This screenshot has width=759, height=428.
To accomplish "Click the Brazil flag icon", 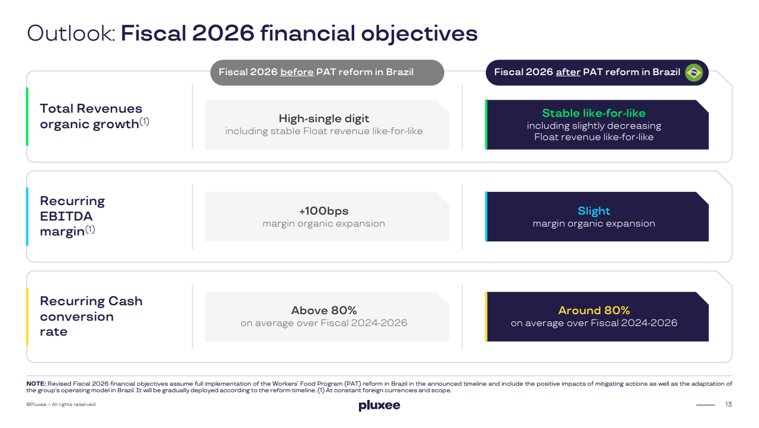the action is point(693,73).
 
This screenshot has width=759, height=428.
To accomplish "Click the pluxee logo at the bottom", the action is point(379,405).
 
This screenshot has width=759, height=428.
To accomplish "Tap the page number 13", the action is point(729,404).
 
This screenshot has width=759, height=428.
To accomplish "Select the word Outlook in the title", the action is point(71,33).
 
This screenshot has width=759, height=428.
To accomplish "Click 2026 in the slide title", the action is point(223,33).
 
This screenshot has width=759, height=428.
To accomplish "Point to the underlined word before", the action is point(297,72).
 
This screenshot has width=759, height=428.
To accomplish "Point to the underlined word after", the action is point(568,72).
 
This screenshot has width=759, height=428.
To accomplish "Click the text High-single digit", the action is point(324,119).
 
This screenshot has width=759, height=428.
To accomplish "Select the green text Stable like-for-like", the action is point(594,113).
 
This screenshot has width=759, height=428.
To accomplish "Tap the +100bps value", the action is point(324,211).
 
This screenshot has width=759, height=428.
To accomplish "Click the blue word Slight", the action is point(594,211).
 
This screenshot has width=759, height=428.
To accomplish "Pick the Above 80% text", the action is point(324,311).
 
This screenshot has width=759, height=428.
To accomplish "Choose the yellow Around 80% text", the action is point(594,311).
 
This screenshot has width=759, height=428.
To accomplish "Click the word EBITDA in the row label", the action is point(66,216).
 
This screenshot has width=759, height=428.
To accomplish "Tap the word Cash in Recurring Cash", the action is point(125,301).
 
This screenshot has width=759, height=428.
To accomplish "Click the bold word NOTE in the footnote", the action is point(36,384).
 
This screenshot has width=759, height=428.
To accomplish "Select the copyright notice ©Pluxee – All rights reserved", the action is point(61,404).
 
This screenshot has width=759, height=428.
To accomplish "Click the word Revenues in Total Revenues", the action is point(110,108).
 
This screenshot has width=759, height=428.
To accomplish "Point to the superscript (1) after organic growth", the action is point(144,122).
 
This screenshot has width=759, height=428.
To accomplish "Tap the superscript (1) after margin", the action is point(90,229).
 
